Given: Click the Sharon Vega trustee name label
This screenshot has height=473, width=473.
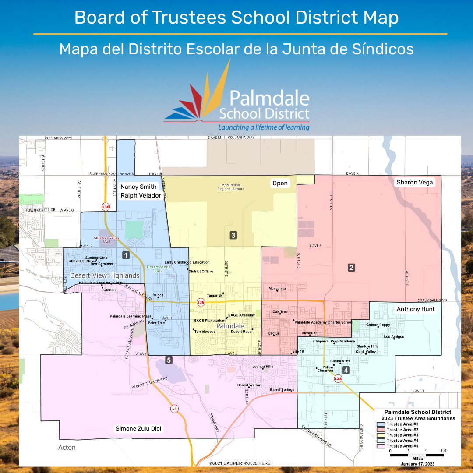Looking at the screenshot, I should (x=414, y=182).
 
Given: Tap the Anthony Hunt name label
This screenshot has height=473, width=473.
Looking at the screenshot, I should (x=416, y=309).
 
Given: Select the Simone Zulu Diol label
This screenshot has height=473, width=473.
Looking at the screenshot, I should (x=139, y=428).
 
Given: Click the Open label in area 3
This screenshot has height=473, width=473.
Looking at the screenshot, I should (x=280, y=183).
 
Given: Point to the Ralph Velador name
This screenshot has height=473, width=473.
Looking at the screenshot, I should (x=141, y=195).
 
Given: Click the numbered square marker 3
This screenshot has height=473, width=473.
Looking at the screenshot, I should (x=233, y=235).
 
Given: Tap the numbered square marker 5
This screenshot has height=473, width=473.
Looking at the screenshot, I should (x=169, y=360).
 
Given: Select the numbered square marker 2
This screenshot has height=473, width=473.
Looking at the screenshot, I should (x=351, y=267).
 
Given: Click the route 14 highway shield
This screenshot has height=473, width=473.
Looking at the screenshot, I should (x=174, y=409).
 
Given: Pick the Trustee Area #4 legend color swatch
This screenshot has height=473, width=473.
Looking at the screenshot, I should (x=381, y=440).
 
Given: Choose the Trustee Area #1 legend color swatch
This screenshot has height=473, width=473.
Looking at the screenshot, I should (x=381, y=424).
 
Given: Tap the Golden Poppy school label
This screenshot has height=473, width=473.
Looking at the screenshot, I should (x=378, y=325).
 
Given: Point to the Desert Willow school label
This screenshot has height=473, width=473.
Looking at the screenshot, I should (x=249, y=385).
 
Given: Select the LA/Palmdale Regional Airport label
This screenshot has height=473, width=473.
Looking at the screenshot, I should (x=230, y=187).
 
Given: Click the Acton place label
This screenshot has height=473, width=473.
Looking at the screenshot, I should (x=67, y=447).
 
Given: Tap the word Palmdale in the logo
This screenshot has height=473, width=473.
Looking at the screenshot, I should (x=269, y=99).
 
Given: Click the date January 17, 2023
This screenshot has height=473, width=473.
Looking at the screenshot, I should (x=417, y=463).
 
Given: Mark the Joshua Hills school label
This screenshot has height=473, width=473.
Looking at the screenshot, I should (x=263, y=367).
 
